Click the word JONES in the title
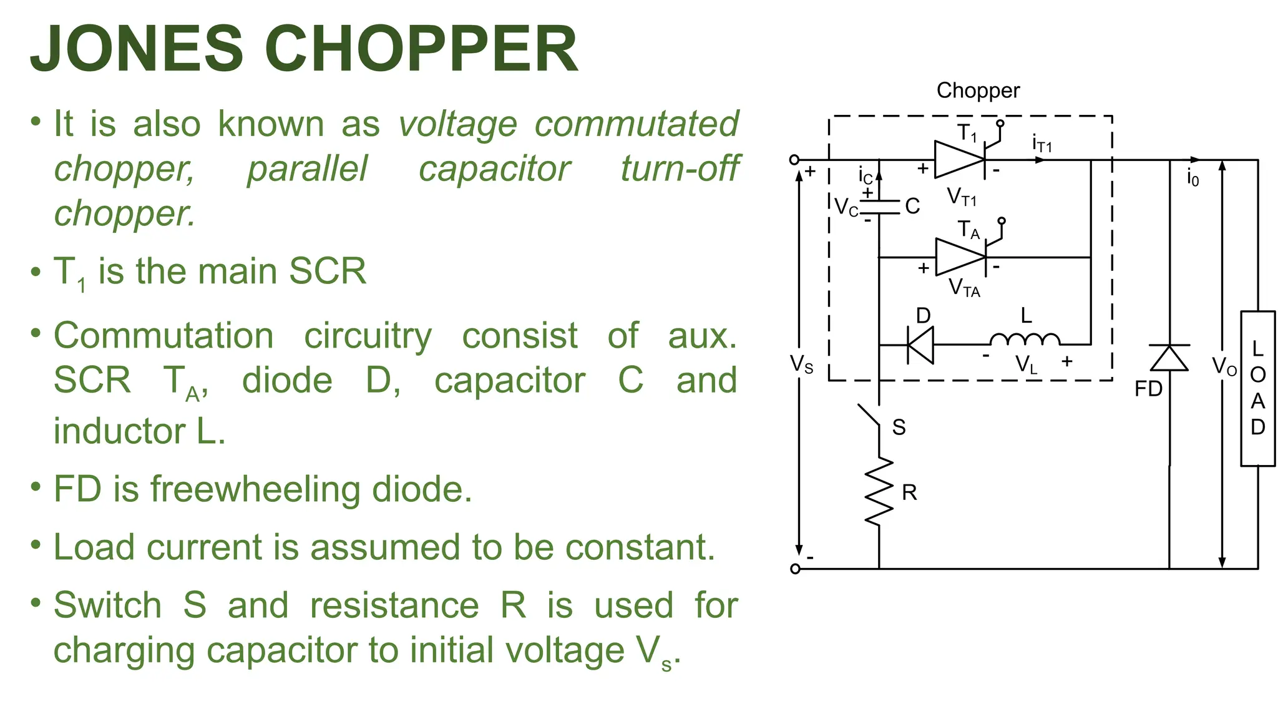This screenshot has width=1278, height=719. coord(136,50)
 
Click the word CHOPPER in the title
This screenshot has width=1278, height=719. coord(421,50)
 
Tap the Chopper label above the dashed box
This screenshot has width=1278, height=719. coord(978,91)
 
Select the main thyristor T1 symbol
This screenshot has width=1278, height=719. coord(960,160)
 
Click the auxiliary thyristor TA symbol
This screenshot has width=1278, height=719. coord(962,257)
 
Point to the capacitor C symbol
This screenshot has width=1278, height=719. coord(879,207)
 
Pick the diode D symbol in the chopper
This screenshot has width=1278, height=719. coord(920,345)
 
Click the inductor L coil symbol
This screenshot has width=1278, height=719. coord(1025,340)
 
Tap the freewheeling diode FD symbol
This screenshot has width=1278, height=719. coord(1169,358)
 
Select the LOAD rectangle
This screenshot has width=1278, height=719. coord(1257,388)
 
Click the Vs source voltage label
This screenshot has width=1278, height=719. coord(801,364)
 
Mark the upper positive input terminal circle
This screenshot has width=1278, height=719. coord(794,160)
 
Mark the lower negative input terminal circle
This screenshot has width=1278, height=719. coord(795,569)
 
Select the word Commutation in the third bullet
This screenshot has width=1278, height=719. coord(163,336)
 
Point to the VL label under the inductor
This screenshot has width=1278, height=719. coord(1026,364)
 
